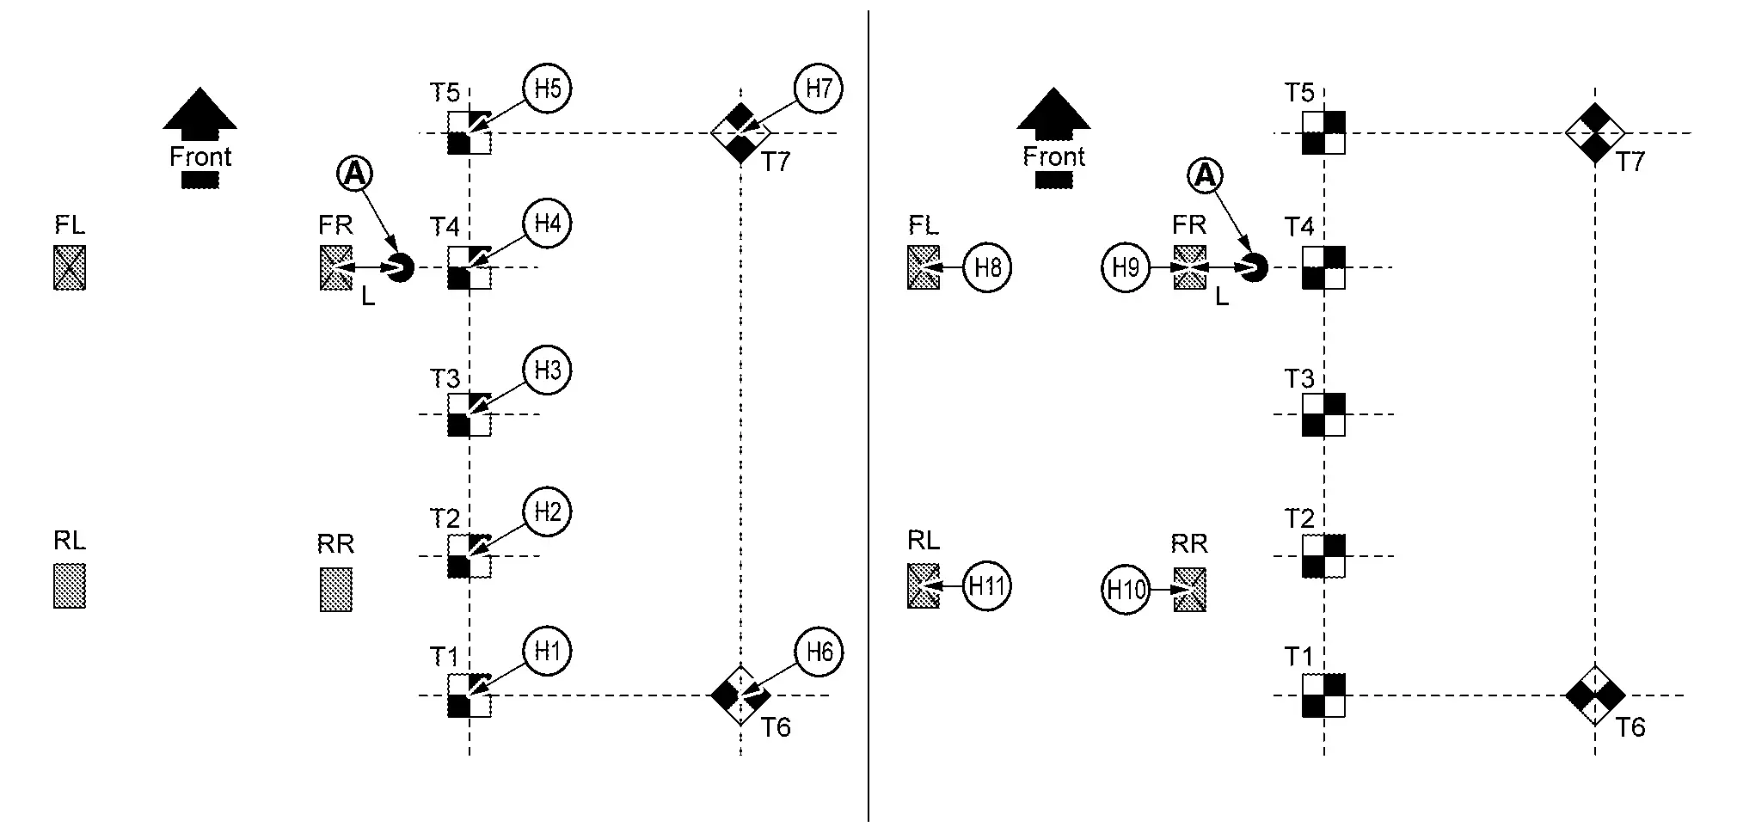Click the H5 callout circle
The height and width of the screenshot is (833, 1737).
coord(548,89)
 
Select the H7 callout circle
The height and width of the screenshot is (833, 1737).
coord(818,89)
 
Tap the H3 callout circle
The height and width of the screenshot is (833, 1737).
coord(548,371)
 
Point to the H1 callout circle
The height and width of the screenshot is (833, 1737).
coord(548,651)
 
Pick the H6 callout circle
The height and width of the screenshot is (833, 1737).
coord(819,652)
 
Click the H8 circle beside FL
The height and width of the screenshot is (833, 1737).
coord(987,268)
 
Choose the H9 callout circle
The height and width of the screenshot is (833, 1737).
coord(1126,268)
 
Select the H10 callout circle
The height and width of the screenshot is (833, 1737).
coord(1126,591)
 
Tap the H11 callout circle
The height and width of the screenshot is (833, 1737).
coord(986,587)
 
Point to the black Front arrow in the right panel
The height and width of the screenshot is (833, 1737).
coord(1053,113)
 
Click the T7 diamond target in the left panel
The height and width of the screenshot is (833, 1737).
coord(740,133)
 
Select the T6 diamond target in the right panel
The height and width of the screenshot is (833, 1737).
coord(1595,695)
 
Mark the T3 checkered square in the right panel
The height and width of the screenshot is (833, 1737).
coord(1323,414)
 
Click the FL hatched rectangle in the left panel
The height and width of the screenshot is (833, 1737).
coord(70,267)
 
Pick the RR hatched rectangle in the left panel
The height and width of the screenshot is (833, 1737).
coord(336,589)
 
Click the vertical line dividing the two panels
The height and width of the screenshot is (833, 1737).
coord(868,416)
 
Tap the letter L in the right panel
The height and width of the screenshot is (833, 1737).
coord(1222,297)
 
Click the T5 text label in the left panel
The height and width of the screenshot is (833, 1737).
coord(445,93)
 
